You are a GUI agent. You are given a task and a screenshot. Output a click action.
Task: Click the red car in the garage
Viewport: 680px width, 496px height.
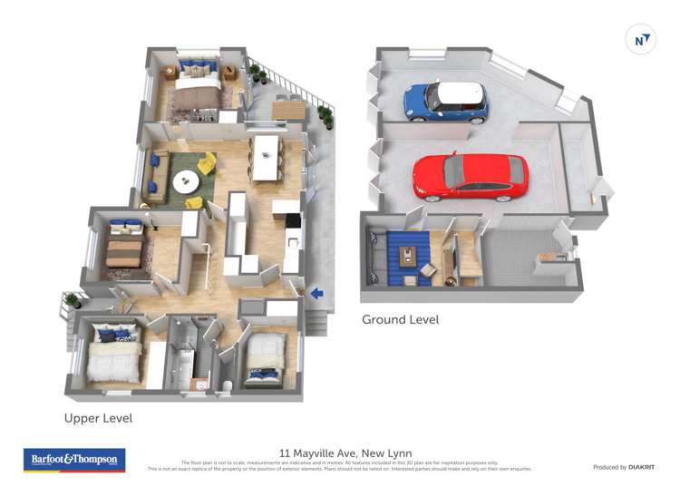471,176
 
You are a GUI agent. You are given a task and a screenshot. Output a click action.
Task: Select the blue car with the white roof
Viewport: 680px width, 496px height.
445,101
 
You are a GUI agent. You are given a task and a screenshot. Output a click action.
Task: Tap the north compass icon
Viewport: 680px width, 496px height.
641,40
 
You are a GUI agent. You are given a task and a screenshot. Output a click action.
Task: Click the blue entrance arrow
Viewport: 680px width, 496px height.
316,292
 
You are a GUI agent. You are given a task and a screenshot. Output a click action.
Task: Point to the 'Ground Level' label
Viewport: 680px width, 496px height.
400,319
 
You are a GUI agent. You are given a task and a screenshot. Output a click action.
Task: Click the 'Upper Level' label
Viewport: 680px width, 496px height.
98,418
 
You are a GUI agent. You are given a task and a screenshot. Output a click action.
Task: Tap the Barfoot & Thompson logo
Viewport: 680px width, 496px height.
74,460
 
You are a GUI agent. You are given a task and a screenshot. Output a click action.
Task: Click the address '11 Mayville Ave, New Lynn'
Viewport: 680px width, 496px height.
340,452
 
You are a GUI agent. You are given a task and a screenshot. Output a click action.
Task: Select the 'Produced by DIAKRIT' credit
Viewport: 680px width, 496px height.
623,467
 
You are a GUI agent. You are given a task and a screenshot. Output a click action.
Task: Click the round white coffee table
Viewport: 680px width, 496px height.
187,181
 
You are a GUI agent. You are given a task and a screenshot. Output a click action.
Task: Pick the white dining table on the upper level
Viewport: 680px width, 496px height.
266,157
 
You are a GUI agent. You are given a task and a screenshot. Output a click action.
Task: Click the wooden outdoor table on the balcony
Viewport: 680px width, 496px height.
289,109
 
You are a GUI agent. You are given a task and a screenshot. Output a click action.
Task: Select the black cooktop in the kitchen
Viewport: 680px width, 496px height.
293,219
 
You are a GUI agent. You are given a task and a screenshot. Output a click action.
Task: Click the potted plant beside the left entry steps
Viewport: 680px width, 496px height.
72,298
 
